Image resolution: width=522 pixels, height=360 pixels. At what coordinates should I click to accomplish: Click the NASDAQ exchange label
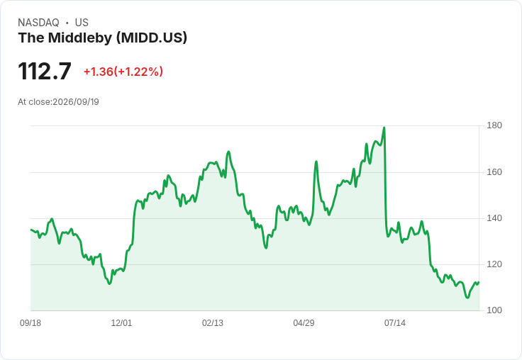click(38, 23)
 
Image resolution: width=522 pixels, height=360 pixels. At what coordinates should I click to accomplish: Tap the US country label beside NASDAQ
click(82, 23)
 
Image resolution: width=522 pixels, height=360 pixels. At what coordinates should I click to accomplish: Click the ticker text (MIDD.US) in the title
click(152, 38)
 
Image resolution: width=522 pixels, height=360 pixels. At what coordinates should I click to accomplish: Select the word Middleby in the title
click(80, 38)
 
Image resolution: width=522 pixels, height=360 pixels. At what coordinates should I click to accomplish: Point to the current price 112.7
click(45, 71)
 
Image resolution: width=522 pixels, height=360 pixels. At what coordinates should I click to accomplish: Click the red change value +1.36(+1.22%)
click(123, 72)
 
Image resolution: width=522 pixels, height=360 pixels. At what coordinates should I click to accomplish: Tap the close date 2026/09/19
click(76, 102)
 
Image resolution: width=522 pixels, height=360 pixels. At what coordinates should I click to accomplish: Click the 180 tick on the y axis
click(494, 125)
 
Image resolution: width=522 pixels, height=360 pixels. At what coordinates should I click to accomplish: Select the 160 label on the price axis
click(494, 172)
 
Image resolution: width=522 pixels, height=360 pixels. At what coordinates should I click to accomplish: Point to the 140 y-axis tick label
click(494, 218)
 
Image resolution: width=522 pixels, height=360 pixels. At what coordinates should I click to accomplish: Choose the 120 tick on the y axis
click(494, 264)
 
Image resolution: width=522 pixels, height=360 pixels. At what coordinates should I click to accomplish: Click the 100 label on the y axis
click(494, 310)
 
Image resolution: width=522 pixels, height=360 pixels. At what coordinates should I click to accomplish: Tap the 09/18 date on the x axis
click(30, 323)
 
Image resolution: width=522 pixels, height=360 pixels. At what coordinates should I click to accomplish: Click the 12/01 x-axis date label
click(121, 323)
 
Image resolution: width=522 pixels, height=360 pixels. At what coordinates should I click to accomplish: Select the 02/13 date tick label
click(213, 323)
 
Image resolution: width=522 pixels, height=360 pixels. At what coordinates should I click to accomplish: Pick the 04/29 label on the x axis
click(304, 323)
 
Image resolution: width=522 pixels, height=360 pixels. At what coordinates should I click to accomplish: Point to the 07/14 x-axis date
click(395, 323)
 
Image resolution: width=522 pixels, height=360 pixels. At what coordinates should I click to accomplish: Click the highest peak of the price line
click(384, 128)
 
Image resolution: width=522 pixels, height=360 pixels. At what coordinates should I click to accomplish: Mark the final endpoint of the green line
click(479, 282)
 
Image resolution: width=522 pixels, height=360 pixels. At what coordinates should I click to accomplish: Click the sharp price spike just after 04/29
click(316, 162)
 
